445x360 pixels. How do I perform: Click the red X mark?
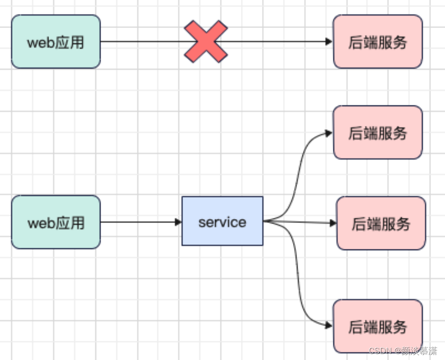pos(206,41)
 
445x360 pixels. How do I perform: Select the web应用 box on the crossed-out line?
pos(56,41)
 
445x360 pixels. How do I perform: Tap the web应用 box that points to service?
pos(56,222)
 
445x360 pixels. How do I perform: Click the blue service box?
pos(222,221)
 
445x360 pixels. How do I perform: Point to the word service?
pos(222,222)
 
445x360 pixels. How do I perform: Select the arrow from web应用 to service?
pos(141,222)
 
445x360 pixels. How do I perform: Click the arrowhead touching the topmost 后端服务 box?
pos(329,41)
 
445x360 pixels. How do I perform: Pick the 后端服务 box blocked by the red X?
pos(377,41)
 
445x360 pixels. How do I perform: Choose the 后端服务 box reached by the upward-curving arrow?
pos(377,132)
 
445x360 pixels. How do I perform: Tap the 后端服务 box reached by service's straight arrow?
pos(381,223)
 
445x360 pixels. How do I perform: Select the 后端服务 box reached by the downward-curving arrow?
pos(377,326)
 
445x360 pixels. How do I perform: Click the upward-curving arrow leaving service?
pos(297,176)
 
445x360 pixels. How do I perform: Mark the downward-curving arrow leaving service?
pos(297,272)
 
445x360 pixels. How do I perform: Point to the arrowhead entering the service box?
pos(178,222)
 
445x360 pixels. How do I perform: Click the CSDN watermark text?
pos(403,351)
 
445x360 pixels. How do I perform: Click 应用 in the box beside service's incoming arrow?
pos(70,223)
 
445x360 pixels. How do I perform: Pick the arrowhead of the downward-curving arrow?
pos(329,325)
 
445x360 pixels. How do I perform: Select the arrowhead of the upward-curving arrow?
pos(329,133)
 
